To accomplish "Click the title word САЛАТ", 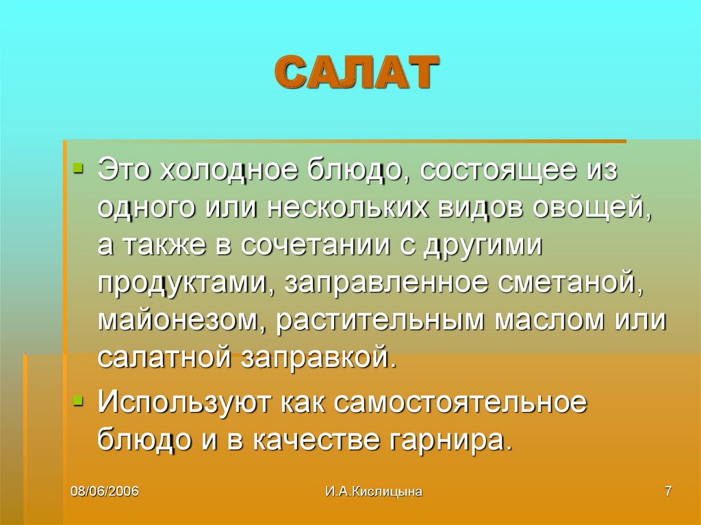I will pyautogui.click(x=357, y=73).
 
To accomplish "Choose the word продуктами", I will pyautogui.click(x=183, y=283).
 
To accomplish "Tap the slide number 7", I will pyautogui.click(x=667, y=491).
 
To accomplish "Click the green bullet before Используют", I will pyautogui.click(x=80, y=398).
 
